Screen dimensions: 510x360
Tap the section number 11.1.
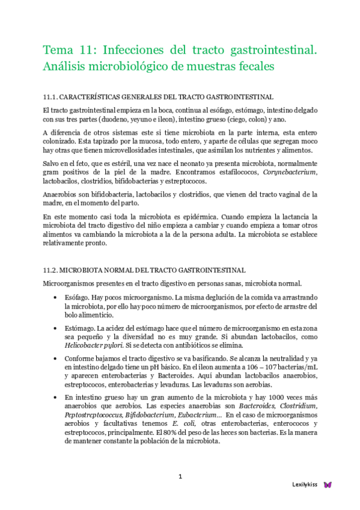click(50, 97)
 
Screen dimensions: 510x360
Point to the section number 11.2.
click(50, 271)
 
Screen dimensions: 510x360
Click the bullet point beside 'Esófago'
click(56, 298)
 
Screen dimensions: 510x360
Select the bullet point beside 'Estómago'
click(56, 328)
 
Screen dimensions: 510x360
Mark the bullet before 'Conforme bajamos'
click(56, 359)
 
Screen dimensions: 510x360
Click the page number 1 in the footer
click(180, 477)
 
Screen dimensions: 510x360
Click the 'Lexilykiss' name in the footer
click(305, 484)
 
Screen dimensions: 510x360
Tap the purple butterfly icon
click(328, 484)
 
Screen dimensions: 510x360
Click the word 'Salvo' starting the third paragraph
click(52, 164)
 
